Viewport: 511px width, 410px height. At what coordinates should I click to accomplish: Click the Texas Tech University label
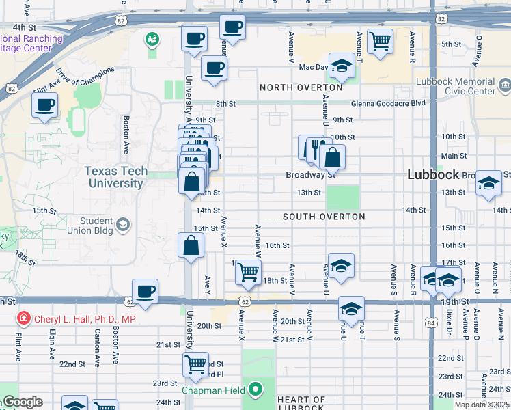(x=114, y=177)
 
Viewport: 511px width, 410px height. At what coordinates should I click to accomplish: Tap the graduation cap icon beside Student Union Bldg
(x=123, y=224)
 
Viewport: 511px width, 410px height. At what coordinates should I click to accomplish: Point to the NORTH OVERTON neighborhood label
(x=301, y=87)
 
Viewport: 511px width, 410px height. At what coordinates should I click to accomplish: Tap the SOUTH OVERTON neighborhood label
(x=324, y=217)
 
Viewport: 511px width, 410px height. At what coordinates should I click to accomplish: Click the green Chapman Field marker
(x=255, y=390)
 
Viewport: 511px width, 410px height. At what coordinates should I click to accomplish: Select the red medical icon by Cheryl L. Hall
(x=24, y=319)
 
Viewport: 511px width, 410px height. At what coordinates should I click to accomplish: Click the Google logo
(x=22, y=402)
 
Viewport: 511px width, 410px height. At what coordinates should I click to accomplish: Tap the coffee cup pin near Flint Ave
(x=45, y=106)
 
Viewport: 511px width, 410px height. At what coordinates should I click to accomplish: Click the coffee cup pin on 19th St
(x=145, y=292)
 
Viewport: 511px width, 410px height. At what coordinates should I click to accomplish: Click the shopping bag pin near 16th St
(x=191, y=245)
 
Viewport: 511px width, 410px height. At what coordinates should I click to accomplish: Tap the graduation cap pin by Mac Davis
(x=342, y=66)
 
